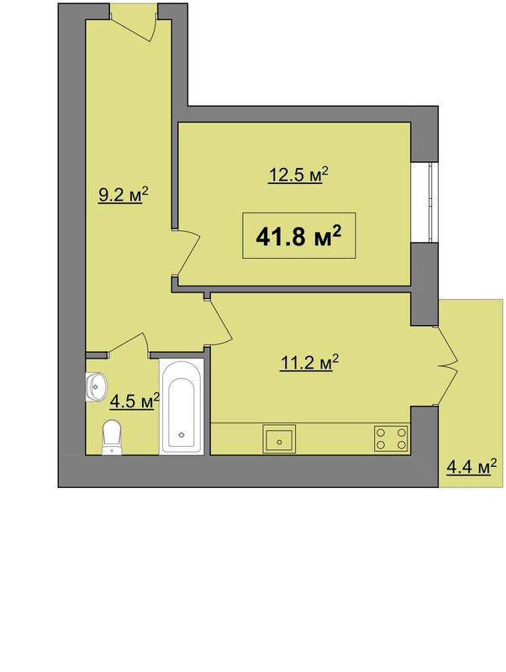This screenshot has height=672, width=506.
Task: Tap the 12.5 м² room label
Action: click(298, 175)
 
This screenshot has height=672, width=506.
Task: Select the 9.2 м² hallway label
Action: click(123, 195)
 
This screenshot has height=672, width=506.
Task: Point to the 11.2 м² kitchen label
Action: click(309, 363)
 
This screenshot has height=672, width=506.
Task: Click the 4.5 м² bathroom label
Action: click(134, 402)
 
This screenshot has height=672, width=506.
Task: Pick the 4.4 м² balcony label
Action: click(472, 467)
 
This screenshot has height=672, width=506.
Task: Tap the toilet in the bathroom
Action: click(112, 437)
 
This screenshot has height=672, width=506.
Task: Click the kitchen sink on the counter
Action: click(279, 438)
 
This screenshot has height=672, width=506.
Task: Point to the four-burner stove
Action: click(391, 438)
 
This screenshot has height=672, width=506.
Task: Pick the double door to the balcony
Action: click(447, 365)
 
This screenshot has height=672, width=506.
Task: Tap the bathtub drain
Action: click(182, 434)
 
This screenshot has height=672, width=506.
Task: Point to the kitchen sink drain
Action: click(280, 442)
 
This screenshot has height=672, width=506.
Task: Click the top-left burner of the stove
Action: click(381, 432)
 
